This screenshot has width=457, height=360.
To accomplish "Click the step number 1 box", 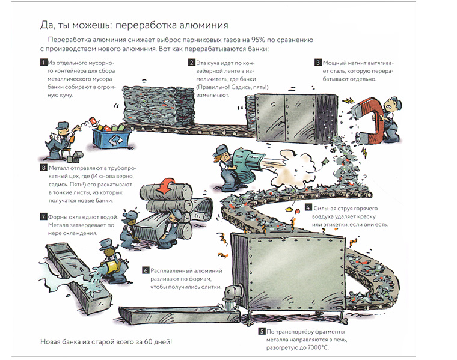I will pyautogui.click(x=43, y=63).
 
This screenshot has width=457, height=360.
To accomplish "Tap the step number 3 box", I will pyautogui.click(x=318, y=63).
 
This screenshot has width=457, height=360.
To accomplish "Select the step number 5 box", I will pyautogui.click(x=262, y=331).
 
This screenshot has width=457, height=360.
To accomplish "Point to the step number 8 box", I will pyautogui.click(x=43, y=168).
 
